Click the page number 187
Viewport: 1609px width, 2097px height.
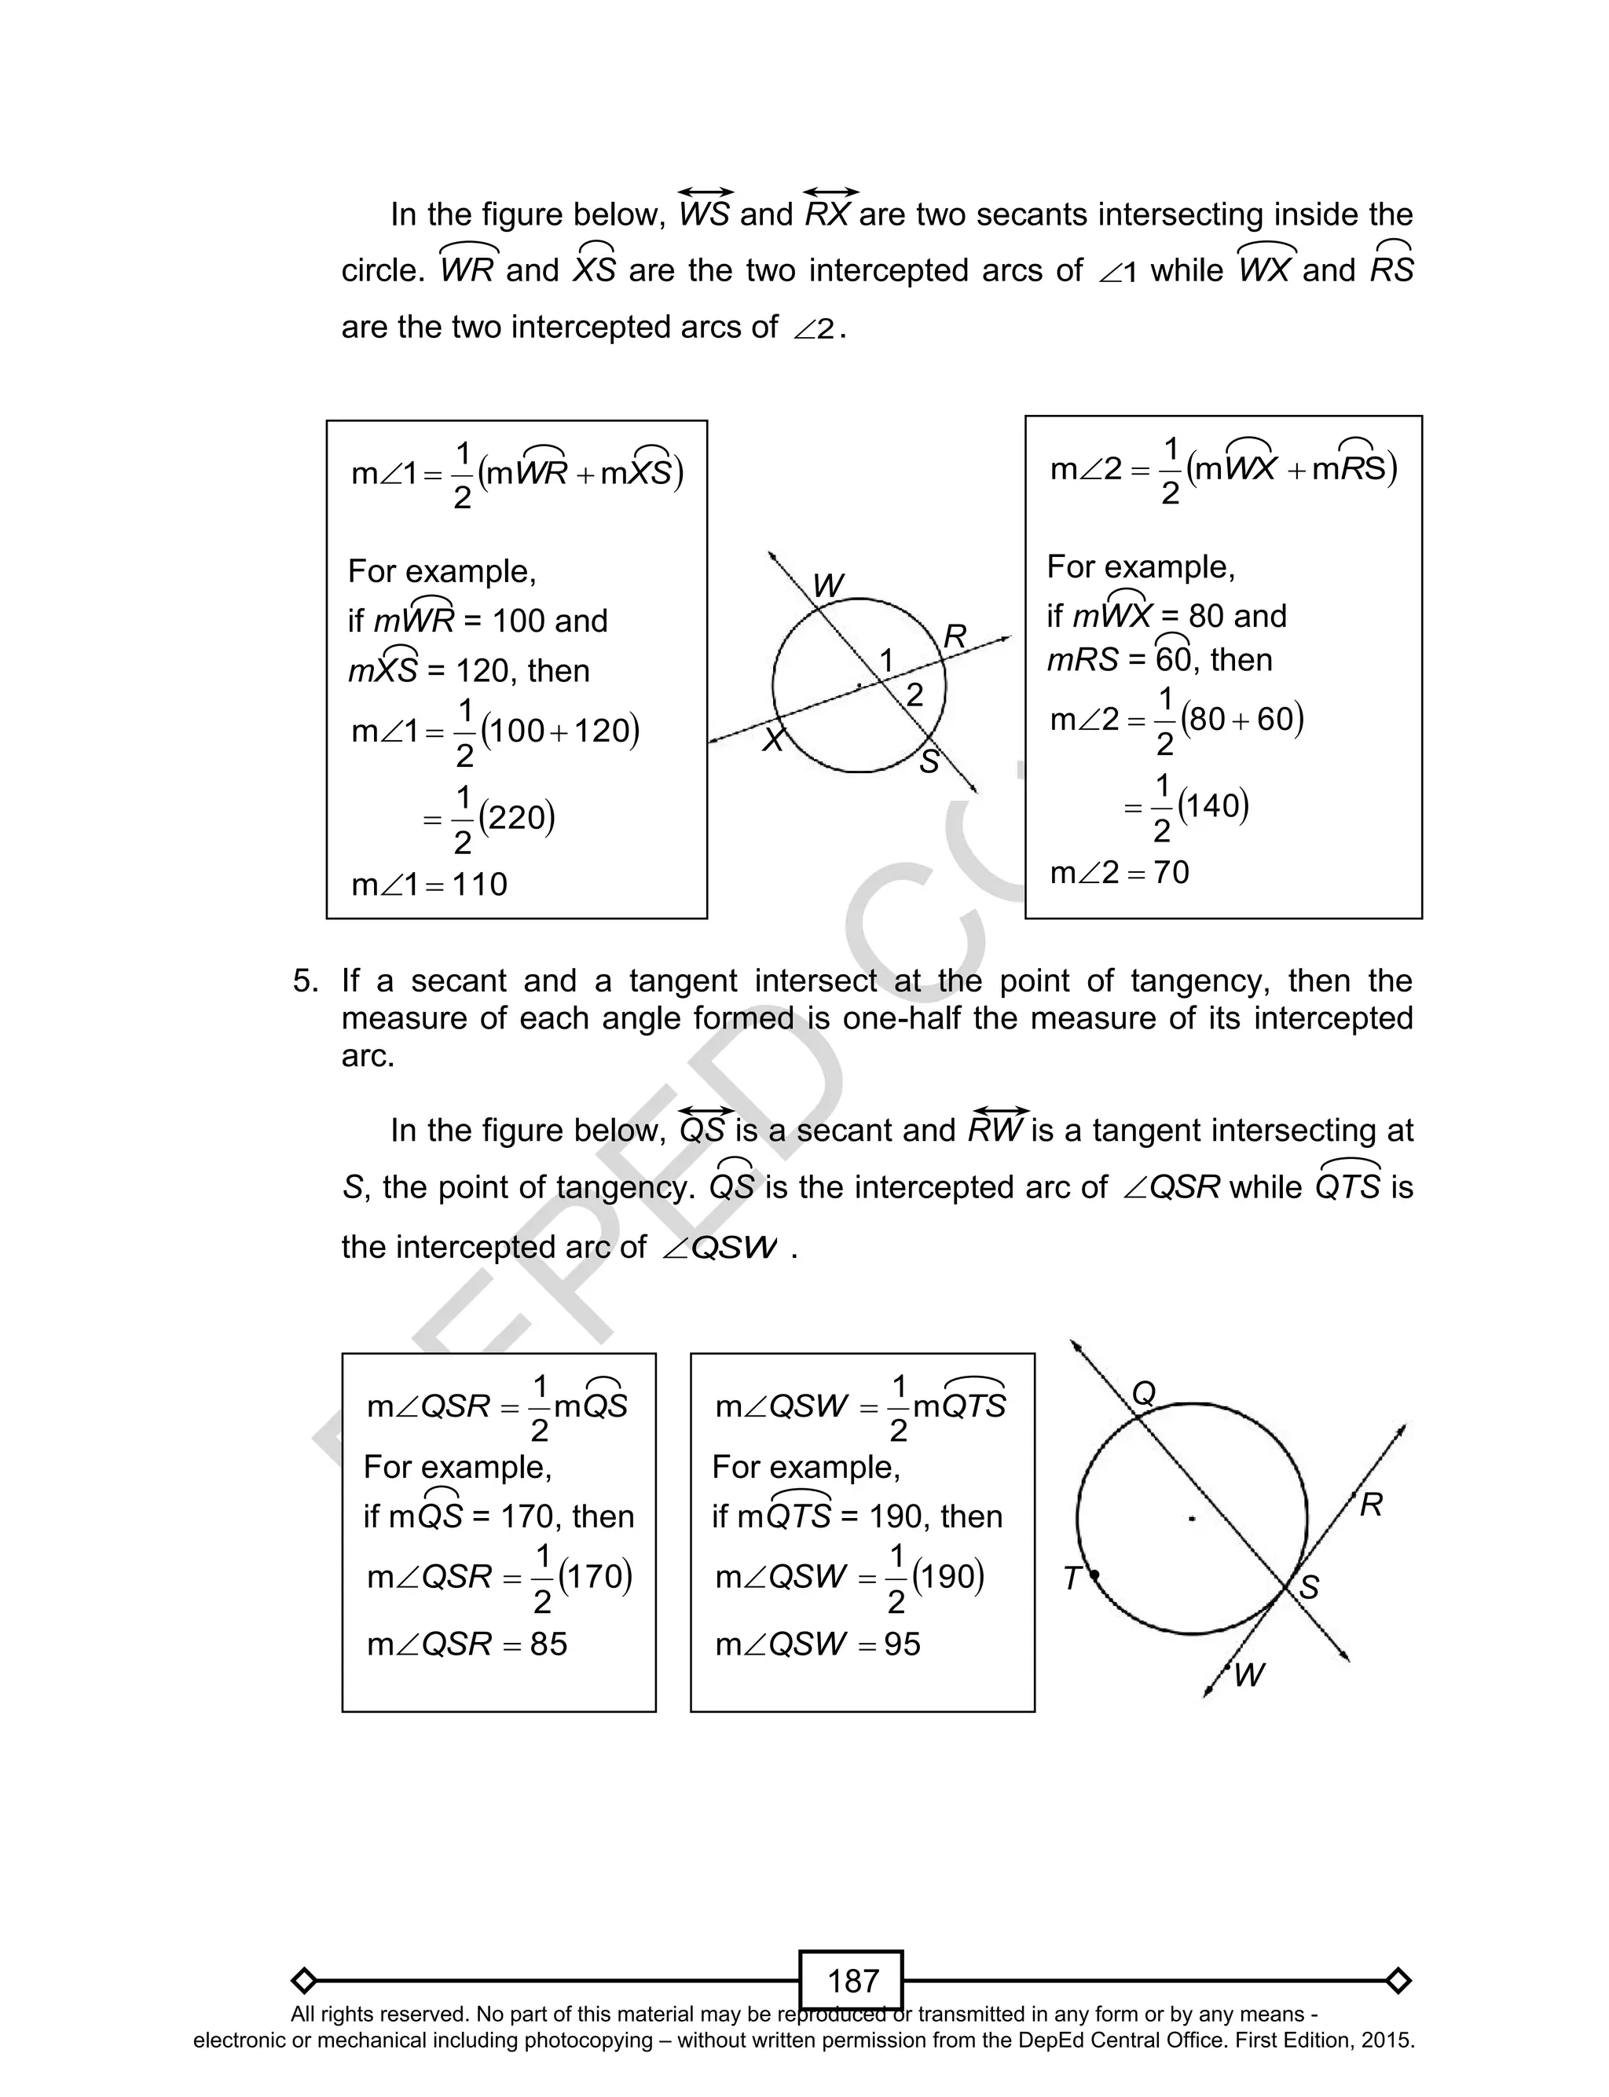click(852, 1980)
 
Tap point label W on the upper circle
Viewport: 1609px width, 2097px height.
click(827, 585)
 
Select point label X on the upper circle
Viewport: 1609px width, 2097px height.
click(773, 739)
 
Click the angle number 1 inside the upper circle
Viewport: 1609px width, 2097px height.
click(887, 660)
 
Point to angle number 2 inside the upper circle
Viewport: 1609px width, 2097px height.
click(914, 695)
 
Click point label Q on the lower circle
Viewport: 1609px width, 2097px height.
click(1144, 1394)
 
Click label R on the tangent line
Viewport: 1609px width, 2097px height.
click(1370, 1506)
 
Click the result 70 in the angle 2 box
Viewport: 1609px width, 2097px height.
click(1171, 872)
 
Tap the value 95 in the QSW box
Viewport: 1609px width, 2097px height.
click(901, 1644)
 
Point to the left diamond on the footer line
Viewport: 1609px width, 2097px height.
click(303, 1980)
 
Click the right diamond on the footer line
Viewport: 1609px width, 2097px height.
click(1398, 1980)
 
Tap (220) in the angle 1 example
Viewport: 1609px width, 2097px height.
click(516, 818)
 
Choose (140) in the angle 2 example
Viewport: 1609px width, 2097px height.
click(1214, 806)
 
